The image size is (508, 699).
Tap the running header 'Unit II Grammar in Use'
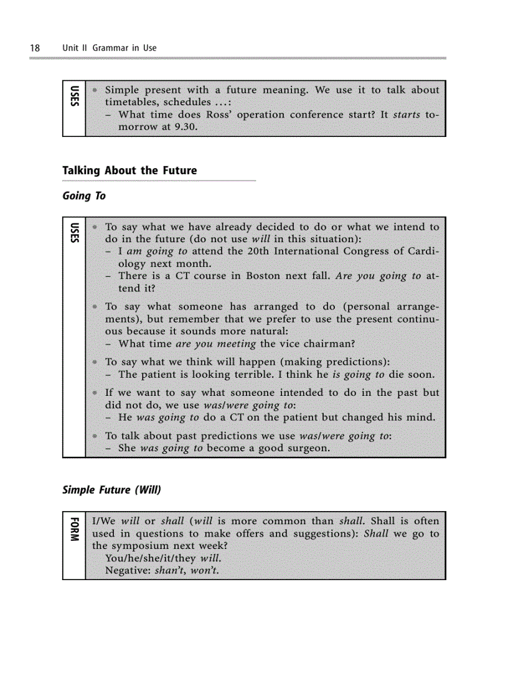click(110, 48)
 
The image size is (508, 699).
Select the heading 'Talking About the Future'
click(129, 171)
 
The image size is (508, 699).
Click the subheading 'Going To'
click(84, 196)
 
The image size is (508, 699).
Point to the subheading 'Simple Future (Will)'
click(111, 490)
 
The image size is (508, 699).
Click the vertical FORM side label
click(74, 529)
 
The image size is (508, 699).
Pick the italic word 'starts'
click(407, 115)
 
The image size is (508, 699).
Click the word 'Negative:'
click(128, 571)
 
